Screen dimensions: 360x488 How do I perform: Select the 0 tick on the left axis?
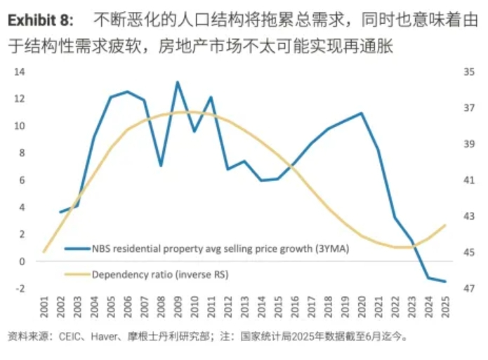[22, 261]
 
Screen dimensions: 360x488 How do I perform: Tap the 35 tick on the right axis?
[468, 72]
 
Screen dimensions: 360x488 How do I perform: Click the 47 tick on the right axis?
[468, 288]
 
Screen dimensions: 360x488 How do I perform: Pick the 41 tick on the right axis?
[468, 180]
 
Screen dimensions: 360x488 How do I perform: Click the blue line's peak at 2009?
[177, 82]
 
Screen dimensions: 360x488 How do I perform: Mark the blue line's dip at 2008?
[161, 166]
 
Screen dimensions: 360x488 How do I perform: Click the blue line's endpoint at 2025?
[445, 281]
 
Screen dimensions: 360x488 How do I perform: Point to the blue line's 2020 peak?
[362, 113]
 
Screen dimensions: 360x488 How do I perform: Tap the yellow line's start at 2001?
[44, 251]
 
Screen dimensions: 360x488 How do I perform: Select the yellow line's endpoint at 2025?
[445, 225]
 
